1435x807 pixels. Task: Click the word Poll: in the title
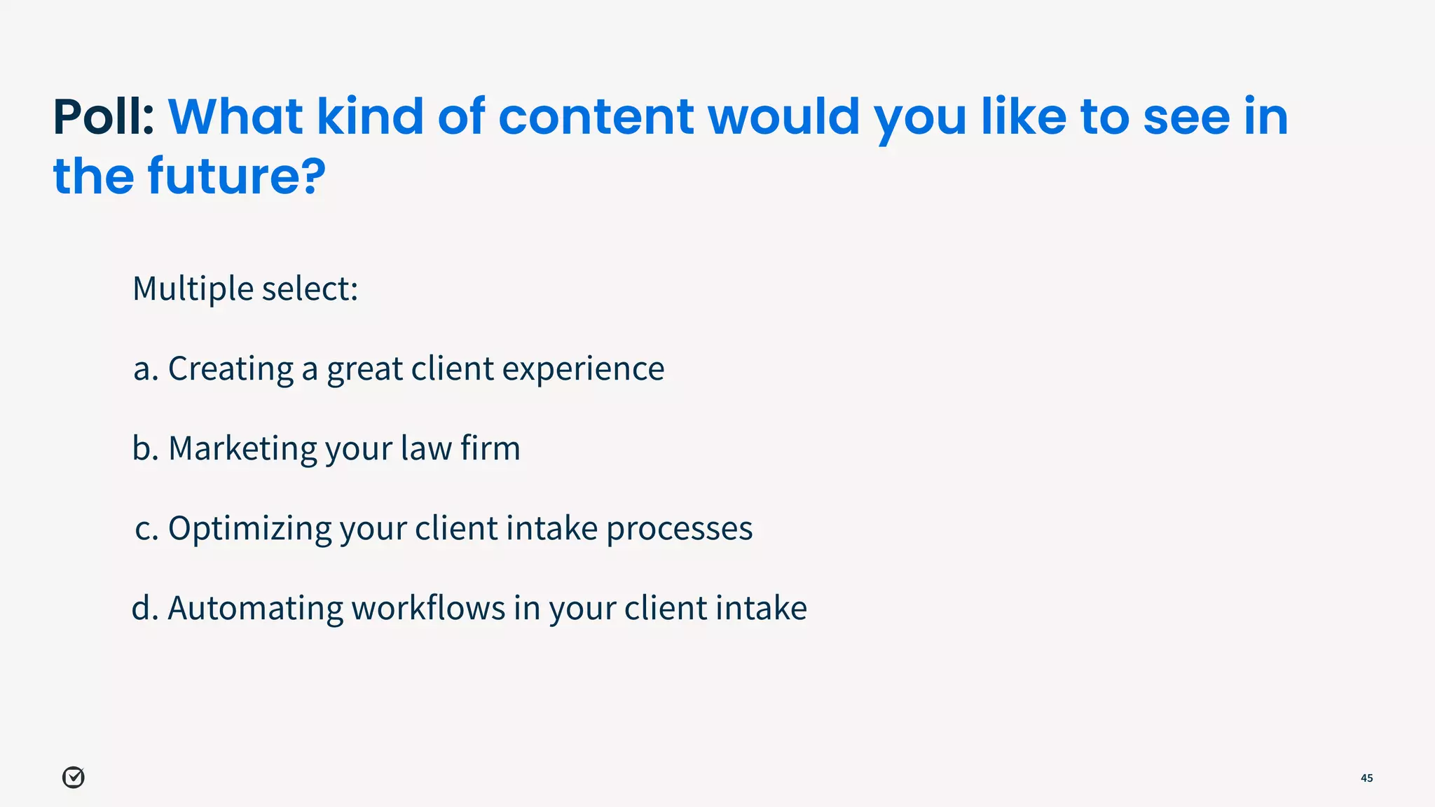pyautogui.click(x=104, y=117)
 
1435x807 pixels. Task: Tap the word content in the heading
pyautogui.click(x=596, y=117)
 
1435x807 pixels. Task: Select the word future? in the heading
pyautogui.click(x=237, y=176)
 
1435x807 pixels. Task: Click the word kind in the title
pyautogui.click(x=370, y=117)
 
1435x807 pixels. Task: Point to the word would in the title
pyautogui.click(x=783, y=117)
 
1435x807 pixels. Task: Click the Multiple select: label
pyautogui.click(x=245, y=289)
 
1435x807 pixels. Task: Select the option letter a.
pyautogui.click(x=145, y=369)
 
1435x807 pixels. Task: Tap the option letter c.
pyautogui.click(x=146, y=529)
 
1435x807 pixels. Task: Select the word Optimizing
pyautogui.click(x=249, y=529)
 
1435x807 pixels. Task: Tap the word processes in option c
pyautogui.click(x=679, y=529)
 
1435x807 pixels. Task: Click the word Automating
pyautogui.click(x=255, y=608)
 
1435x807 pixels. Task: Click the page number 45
pyautogui.click(x=1366, y=778)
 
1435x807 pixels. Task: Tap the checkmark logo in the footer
pyautogui.click(x=74, y=778)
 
